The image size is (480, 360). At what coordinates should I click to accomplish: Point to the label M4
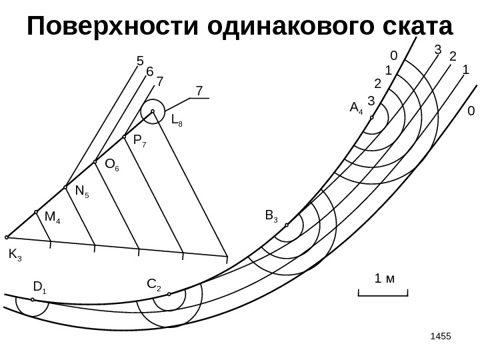(x=52, y=217)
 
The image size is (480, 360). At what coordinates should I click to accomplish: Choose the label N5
(x=82, y=192)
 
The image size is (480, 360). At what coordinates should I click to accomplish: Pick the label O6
(x=111, y=165)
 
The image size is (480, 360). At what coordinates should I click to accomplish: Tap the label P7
(x=140, y=141)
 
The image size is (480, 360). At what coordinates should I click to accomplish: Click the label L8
(x=178, y=121)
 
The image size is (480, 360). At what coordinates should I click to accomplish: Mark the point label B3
(x=271, y=215)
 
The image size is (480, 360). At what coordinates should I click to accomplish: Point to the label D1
(x=39, y=288)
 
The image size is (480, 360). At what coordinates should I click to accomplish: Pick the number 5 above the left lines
(x=140, y=61)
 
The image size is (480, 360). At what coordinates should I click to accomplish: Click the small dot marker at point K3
(x=7, y=237)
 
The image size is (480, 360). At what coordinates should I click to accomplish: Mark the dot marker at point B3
(x=287, y=225)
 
